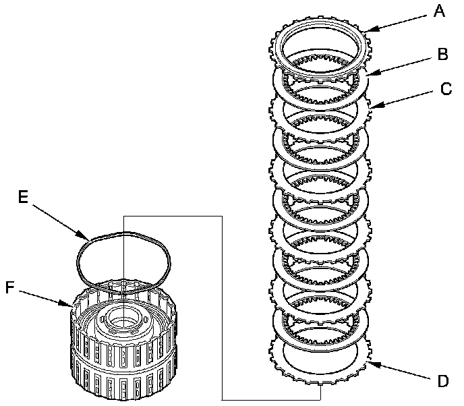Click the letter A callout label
[440, 11]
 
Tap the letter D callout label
[442, 382]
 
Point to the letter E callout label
[23, 198]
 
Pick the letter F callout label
[9, 288]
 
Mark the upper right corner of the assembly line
[223, 215]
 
